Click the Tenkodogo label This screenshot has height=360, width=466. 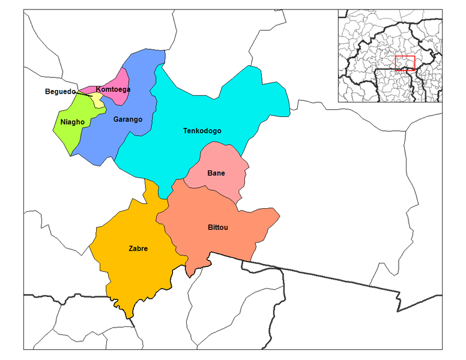click(x=202, y=131)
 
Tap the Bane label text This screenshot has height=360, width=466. click(x=216, y=173)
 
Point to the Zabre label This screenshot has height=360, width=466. click(x=138, y=248)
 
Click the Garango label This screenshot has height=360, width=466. click(x=127, y=119)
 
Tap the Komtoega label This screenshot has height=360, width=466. click(x=113, y=89)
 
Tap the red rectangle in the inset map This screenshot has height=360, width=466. click(x=405, y=63)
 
